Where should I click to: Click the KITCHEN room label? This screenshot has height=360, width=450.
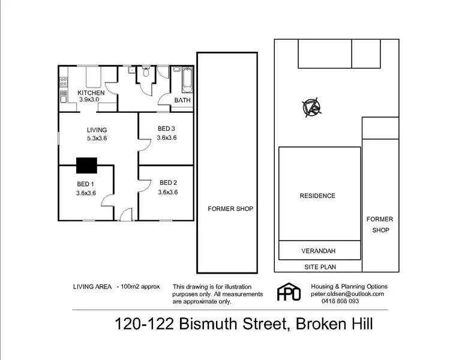pos(91,93)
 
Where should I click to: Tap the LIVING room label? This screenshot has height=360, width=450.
pos(97,130)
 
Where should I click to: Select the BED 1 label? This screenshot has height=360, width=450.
pos(85,184)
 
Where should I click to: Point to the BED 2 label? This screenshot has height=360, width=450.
pos(167,183)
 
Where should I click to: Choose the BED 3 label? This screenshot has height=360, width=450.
pos(166,128)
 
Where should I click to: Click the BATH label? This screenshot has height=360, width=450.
pos(182,100)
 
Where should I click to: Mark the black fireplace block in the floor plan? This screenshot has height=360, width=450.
pos(87,165)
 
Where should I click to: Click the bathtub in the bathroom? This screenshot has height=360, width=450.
pos(185,78)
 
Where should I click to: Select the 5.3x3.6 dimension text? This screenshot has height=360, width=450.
pos(97,139)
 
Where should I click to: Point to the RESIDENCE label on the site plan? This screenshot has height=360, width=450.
pos(317,196)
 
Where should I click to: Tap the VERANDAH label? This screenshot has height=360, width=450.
pos(319,250)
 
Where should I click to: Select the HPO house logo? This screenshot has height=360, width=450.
pos(288,292)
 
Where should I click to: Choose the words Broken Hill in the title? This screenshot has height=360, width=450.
pos(335,325)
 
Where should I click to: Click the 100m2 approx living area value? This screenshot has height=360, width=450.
pos(140,286)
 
